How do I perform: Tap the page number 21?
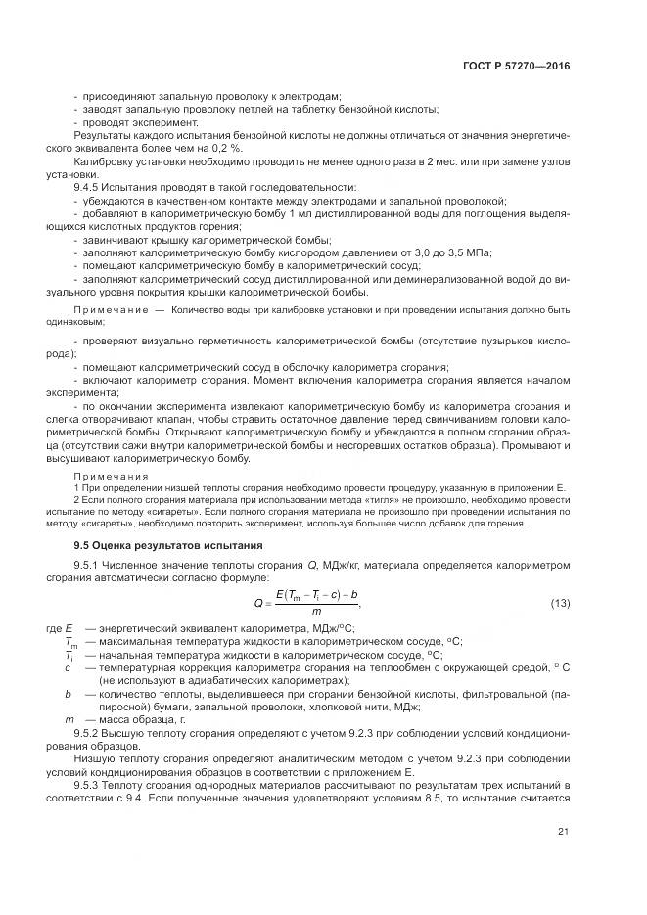click(x=563, y=832)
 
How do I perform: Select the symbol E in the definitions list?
click(x=69, y=626)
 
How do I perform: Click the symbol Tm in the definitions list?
click(x=70, y=641)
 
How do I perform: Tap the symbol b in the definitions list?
click(x=68, y=693)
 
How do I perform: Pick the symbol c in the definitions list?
click(x=68, y=666)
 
